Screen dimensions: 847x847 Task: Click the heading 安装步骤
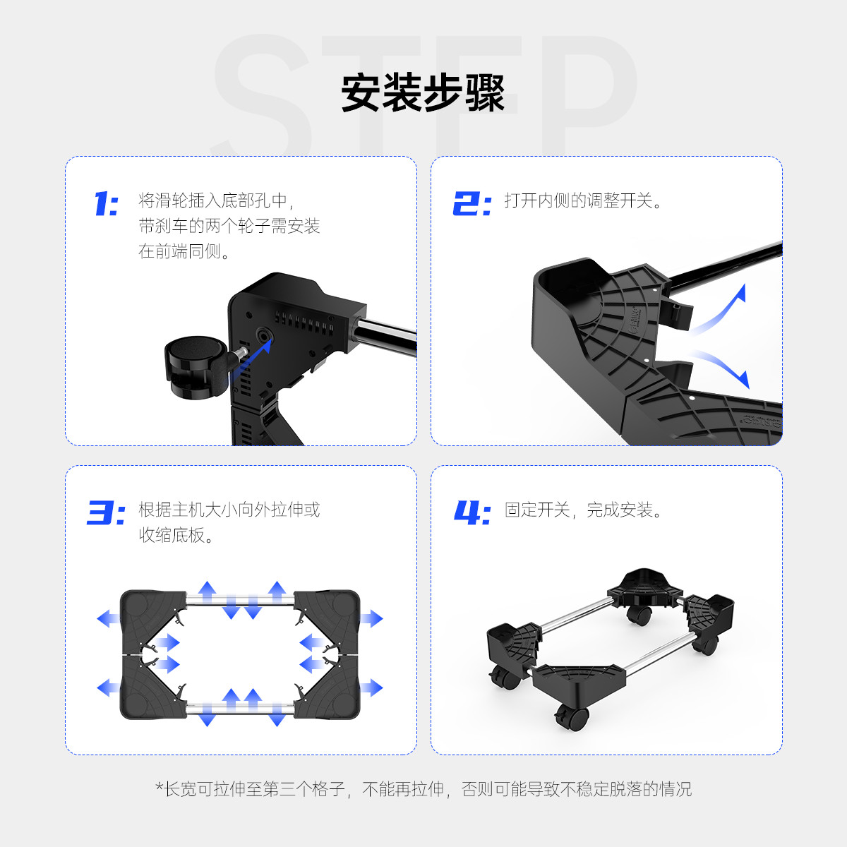423,92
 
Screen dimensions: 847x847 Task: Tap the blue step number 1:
107,203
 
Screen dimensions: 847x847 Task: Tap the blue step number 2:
472,203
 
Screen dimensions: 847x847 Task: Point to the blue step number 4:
472,512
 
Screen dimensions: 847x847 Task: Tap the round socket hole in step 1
264,336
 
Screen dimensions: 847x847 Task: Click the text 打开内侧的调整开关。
583,201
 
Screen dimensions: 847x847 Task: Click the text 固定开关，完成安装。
583,510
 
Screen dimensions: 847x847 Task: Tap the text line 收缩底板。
176,535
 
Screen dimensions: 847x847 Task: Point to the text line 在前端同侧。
184,251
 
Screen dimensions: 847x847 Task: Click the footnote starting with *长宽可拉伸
423,789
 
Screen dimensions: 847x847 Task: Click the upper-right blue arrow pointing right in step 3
372,618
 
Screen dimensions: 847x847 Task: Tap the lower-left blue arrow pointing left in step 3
108,688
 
